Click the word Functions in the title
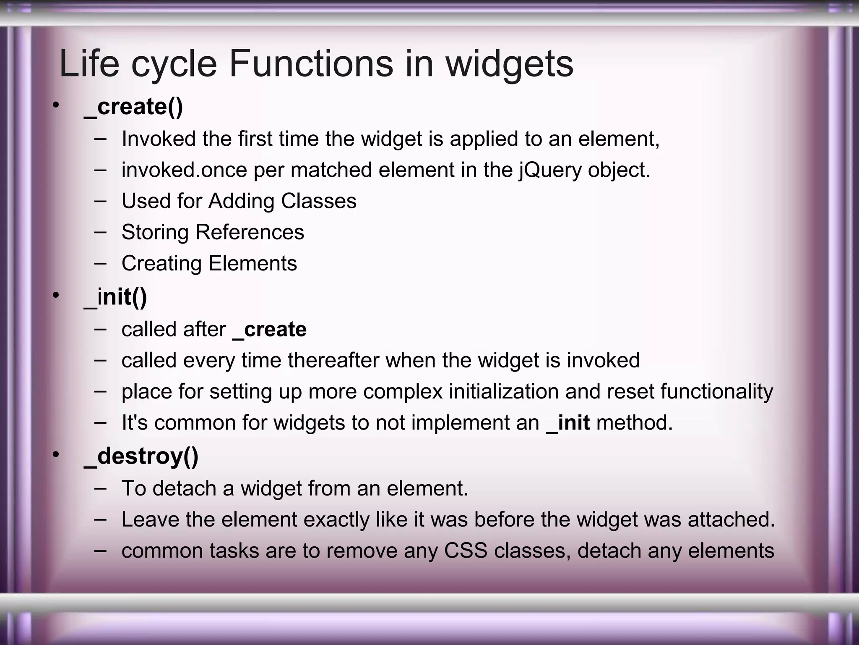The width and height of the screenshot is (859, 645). click(x=311, y=64)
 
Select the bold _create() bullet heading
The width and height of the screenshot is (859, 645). click(x=133, y=107)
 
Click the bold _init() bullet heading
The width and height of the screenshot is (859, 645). click(x=115, y=297)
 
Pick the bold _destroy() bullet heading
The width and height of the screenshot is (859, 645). click(x=141, y=456)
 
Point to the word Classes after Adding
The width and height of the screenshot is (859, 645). click(x=318, y=201)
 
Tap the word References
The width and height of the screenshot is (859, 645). click(x=250, y=232)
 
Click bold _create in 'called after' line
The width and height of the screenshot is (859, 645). click(x=269, y=329)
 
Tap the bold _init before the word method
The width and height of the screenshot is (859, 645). click(x=568, y=422)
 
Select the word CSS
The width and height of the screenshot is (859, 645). click(x=466, y=551)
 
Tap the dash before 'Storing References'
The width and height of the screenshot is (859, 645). click(x=100, y=232)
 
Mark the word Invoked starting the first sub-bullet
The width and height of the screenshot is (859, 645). click(x=159, y=139)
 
